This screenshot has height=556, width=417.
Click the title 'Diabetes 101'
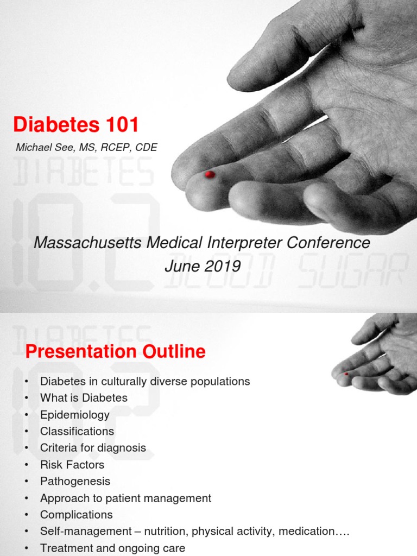(x=76, y=125)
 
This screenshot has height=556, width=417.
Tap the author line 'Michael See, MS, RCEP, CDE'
(x=87, y=148)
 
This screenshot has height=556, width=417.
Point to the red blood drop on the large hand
(x=210, y=174)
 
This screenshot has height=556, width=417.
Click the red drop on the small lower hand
(x=346, y=374)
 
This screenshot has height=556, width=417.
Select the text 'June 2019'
(x=202, y=266)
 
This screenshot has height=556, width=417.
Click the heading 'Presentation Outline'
(x=116, y=352)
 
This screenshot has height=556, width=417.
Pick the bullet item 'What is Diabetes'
(x=84, y=398)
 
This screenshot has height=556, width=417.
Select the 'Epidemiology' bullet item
(x=74, y=415)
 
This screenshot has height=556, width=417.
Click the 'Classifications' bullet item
(x=77, y=432)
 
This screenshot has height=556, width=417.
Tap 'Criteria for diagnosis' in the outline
(x=93, y=448)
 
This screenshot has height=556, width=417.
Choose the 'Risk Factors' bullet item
(x=72, y=465)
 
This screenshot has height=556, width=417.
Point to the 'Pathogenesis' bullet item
(x=75, y=482)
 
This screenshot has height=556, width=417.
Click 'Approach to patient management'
(x=125, y=498)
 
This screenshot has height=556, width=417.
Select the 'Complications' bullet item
(x=77, y=515)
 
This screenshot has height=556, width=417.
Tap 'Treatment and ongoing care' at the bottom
(x=112, y=548)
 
